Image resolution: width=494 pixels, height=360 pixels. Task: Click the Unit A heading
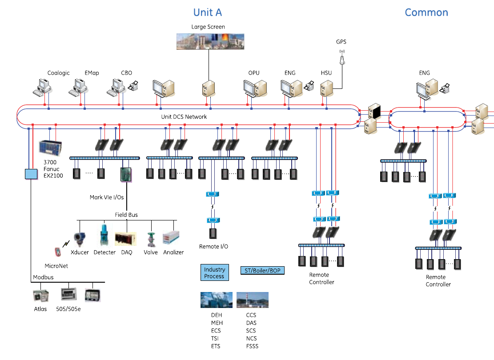pos(207,12)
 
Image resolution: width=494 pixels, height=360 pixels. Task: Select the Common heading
pos(426,12)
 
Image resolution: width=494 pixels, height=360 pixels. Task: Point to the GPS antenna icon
pos(342,59)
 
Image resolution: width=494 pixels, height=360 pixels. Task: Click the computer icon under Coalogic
pos(44,87)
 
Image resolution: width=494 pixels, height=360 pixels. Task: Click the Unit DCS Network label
pos(184,117)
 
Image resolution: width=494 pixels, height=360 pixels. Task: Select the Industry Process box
pos(214,273)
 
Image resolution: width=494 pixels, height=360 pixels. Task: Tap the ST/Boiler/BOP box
pos(262,270)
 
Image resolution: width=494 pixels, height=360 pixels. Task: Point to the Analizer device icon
pos(171,238)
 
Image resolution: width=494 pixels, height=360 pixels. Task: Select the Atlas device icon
pos(41,296)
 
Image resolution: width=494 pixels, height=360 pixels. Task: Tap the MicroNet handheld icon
pos(57,252)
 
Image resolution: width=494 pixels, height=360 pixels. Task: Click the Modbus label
pos(43,277)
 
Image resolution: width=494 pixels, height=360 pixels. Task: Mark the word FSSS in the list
pos(252,346)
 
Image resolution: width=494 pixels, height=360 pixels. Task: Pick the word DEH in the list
pos(217,315)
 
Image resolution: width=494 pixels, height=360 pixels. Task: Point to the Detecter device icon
pos(104,235)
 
